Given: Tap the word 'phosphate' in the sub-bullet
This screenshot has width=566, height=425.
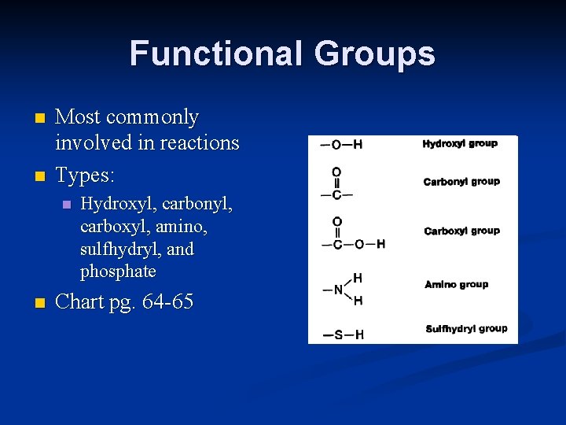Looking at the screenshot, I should click(118, 272).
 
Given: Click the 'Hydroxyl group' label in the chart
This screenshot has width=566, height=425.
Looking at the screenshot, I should click(460, 144).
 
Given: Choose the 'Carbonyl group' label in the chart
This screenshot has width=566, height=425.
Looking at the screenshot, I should click(461, 182).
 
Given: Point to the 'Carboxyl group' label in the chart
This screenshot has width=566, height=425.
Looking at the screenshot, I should click(461, 231).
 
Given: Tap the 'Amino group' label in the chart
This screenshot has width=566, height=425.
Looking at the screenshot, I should click(456, 284).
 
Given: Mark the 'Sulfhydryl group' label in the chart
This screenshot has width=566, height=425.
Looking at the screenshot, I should click(466, 329).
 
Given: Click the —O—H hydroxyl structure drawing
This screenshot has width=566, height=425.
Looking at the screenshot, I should click(341, 145).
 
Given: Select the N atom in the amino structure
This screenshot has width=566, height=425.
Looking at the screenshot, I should click(338, 290).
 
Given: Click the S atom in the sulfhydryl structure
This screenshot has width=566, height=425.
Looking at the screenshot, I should click(338, 335).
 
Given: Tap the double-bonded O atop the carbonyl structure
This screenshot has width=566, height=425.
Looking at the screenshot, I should click(336, 172).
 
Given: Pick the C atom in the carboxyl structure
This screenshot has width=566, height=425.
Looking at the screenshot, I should click(337, 245).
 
